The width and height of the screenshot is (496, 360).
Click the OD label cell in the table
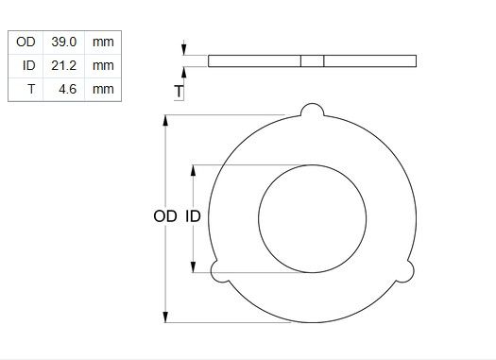[26, 42]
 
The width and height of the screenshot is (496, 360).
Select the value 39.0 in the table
[64, 42]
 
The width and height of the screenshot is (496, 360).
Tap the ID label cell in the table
[28, 65]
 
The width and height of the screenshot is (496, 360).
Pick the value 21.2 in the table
[64, 65]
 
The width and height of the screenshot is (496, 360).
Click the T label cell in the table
[31, 89]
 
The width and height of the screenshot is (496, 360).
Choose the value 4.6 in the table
[68, 89]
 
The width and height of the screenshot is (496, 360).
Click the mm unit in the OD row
[103, 42]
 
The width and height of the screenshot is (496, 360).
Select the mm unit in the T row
[103, 89]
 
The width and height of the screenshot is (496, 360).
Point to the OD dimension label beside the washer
[164, 216]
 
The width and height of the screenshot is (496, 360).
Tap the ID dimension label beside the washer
[193, 216]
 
